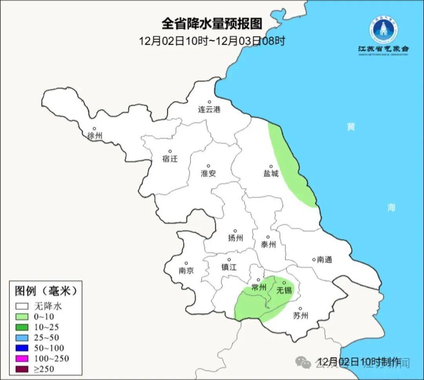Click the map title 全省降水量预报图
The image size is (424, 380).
[212, 24]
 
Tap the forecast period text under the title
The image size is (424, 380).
[212, 40]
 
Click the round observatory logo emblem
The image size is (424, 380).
[383, 29]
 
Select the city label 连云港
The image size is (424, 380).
[209, 109]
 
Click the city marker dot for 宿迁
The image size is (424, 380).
[170, 151]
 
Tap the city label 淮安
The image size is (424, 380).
[208, 173]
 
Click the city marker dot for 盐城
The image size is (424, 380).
[270, 166]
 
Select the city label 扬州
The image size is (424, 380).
[236, 238]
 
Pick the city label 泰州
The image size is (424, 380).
[268, 245]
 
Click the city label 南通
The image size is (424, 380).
[325, 259]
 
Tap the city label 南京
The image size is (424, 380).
[186, 270]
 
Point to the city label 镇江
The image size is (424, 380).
[229, 267]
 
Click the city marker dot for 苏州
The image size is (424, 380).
[300, 309]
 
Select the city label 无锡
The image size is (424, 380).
[284, 290]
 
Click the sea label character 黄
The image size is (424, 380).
[351, 127]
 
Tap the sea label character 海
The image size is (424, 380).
[391, 207]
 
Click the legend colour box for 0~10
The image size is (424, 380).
[22, 316]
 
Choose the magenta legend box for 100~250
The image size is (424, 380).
[22, 358]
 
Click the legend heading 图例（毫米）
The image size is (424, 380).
[46, 291]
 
